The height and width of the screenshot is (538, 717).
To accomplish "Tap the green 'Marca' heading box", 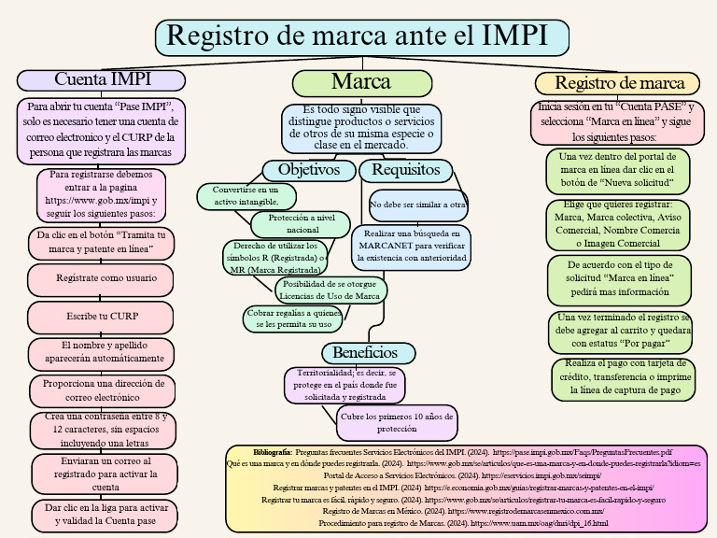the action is coord(361,82).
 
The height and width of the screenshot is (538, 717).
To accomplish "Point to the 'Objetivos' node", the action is coord(309,170).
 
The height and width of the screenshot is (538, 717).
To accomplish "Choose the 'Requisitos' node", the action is coord(406,170).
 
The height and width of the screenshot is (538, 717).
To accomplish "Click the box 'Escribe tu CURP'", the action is coord(102,317).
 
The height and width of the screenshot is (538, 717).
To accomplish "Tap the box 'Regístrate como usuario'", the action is coord(101,277).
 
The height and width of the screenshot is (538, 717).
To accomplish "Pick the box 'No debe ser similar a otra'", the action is coord(417,204).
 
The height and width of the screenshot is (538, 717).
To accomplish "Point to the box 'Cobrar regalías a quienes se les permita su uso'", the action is coord(292,319).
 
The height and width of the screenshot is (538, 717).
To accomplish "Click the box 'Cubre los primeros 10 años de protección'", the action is coord(396,422).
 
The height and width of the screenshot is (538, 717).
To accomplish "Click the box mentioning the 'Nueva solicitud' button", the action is coord(618,170).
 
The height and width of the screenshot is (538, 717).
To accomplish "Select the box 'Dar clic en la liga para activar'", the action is coord(100,515).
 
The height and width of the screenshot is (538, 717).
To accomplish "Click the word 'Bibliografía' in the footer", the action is coord(272,451).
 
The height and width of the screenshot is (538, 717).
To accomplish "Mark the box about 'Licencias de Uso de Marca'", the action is coord(330,290).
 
